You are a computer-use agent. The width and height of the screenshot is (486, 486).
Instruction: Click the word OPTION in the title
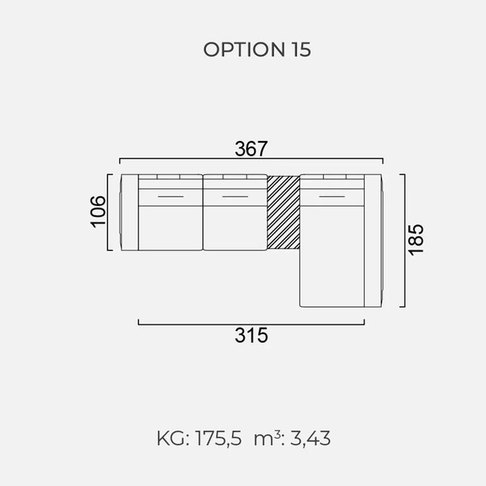[x=244, y=49]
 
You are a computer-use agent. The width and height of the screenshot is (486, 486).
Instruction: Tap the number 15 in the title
[x=301, y=49]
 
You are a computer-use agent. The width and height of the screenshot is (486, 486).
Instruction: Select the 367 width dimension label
[x=250, y=148]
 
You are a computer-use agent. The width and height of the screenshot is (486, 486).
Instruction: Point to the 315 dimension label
[x=251, y=335]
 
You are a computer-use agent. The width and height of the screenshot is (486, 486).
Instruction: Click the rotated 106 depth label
[x=98, y=212]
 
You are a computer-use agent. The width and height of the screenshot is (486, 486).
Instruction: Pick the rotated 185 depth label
[x=415, y=240]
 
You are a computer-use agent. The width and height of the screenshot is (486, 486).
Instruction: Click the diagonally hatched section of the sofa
[x=283, y=213]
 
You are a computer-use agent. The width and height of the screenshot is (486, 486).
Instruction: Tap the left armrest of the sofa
[x=129, y=213]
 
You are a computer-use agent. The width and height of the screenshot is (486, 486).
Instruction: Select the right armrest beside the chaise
[x=373, y=240]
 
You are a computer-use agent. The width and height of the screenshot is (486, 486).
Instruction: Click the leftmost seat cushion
[x=171, y=228]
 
